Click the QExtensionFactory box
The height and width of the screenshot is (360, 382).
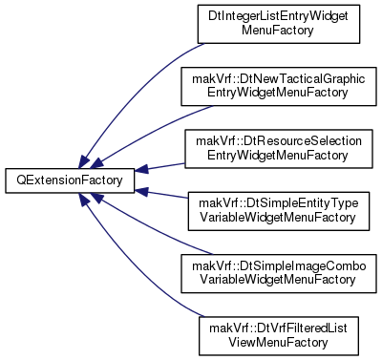click(70, 180)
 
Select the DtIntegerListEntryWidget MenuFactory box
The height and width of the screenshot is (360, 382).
click(279, 24)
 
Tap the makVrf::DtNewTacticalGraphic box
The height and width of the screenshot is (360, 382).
click(279, 86)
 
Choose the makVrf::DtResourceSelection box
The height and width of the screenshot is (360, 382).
click(279, 149)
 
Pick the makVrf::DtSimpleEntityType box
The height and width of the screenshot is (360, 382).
click(279, 211)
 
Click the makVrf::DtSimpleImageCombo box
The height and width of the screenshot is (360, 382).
click(279, 273)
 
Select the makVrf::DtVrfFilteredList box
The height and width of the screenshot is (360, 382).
click(279, 336)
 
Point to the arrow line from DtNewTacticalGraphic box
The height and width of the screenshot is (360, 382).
click(150, 132)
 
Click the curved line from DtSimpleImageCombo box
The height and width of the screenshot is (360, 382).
click(150, 228)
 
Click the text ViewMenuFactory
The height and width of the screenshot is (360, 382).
click(278, 343)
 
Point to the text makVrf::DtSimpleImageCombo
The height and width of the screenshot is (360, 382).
click(279, 266)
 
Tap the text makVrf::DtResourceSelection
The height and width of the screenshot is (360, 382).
click(279, 141)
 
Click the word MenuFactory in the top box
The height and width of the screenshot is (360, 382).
click(278, 31)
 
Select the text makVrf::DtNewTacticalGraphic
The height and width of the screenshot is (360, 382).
click(279, 79)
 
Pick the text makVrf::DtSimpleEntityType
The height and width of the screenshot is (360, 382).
click(279, 203)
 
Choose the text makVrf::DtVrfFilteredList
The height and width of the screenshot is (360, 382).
click(278, 328)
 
